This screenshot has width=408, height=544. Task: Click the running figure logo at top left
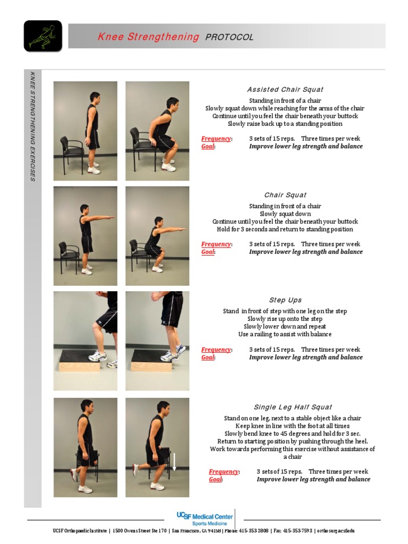(42, 36)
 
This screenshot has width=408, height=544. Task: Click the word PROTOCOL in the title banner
(229, 37)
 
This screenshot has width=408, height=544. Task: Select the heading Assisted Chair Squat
(285, 89)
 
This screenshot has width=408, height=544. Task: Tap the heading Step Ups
(285, 300)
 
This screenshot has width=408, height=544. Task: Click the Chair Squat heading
(285, 195)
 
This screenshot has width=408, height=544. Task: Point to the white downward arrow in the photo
(173, 461)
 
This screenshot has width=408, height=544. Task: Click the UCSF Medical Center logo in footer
(205, 518)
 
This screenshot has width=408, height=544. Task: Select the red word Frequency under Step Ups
(216, 350)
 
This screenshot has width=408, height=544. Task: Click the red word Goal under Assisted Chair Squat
(208, 146)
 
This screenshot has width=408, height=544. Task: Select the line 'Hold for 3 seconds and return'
(285, 229)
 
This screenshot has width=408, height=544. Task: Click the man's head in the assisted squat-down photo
(172, 103)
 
